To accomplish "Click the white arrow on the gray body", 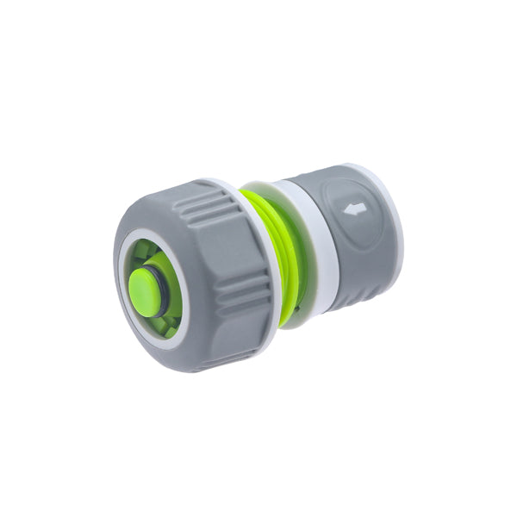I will coord(351,208).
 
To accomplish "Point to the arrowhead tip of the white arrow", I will coord(344,209).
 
